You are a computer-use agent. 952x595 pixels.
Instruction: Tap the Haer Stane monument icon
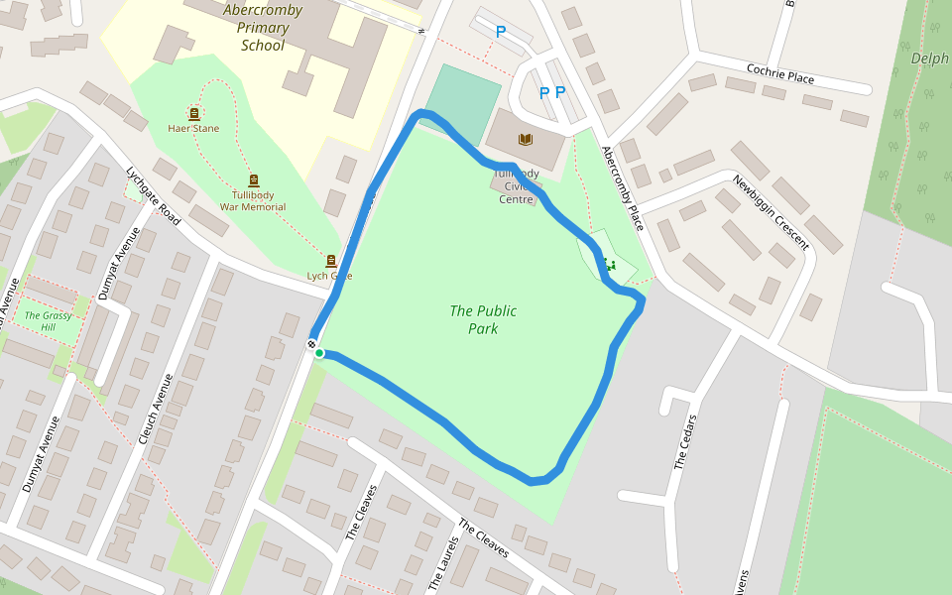pos(193,114)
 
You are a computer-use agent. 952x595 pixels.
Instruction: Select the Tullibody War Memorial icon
pos(254,180)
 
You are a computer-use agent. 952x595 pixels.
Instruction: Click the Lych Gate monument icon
pos(330,261)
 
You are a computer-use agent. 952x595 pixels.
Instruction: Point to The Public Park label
pos(483,319)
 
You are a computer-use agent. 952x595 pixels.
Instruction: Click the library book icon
pos(526,139)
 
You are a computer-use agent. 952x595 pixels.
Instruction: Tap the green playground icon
pos(609,264)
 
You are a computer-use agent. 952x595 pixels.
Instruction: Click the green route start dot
pos(319,353)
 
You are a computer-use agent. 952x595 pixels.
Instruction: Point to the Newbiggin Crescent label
pos(772,212)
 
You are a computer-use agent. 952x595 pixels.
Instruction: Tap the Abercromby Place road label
pos(623,188)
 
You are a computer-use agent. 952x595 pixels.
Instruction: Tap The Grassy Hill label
pos(47,321)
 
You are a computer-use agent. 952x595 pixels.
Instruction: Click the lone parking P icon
pos(501,32)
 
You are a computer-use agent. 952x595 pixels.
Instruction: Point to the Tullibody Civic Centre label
pos(516,186)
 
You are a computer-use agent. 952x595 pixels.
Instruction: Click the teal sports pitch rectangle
pos(463,103)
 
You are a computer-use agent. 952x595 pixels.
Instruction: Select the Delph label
pos(929,59)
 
